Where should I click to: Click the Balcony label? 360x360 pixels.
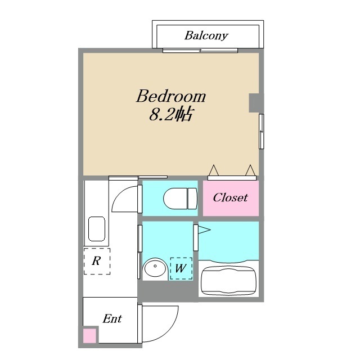pyautogui.click(x=206, y=36)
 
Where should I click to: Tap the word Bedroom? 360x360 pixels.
pyautogui.click(x=171, y=96)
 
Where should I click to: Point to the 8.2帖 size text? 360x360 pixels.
pyautogui.click(x=172, y=114)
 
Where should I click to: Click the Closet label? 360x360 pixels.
pyautogui.click(x=230, y=197)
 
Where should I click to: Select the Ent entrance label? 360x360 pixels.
pyautogui.click(x=112, y=319)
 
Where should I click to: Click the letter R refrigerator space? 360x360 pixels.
pyautogui.click(x=96, y=261)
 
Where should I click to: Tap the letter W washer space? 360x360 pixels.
pyautogui.click(x=181, y=268)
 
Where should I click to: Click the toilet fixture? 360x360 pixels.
pyautogui.click(x=180, y=199)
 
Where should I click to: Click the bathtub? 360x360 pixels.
pyautogui.click(x=228, y=280)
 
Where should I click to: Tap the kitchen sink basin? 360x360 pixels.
pyautogui.click(x=97, y=229)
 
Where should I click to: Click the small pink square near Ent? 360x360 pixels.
pyautogui.click(x=89, y=336)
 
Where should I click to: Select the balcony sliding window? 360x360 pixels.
pyautogui.click(x=200, y=50)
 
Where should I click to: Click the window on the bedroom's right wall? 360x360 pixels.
pyautogui.click(x=261, y=131)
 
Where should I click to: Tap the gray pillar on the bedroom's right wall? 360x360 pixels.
pyautogui.click(x=254, y=103)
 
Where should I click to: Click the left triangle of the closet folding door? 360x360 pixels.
pyautogui.click(x=214, y=171)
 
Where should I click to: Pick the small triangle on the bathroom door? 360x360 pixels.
pyautogui.click(x=204, y=230)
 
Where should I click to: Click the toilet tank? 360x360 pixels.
pyautogui.click(x=192, y=199)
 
